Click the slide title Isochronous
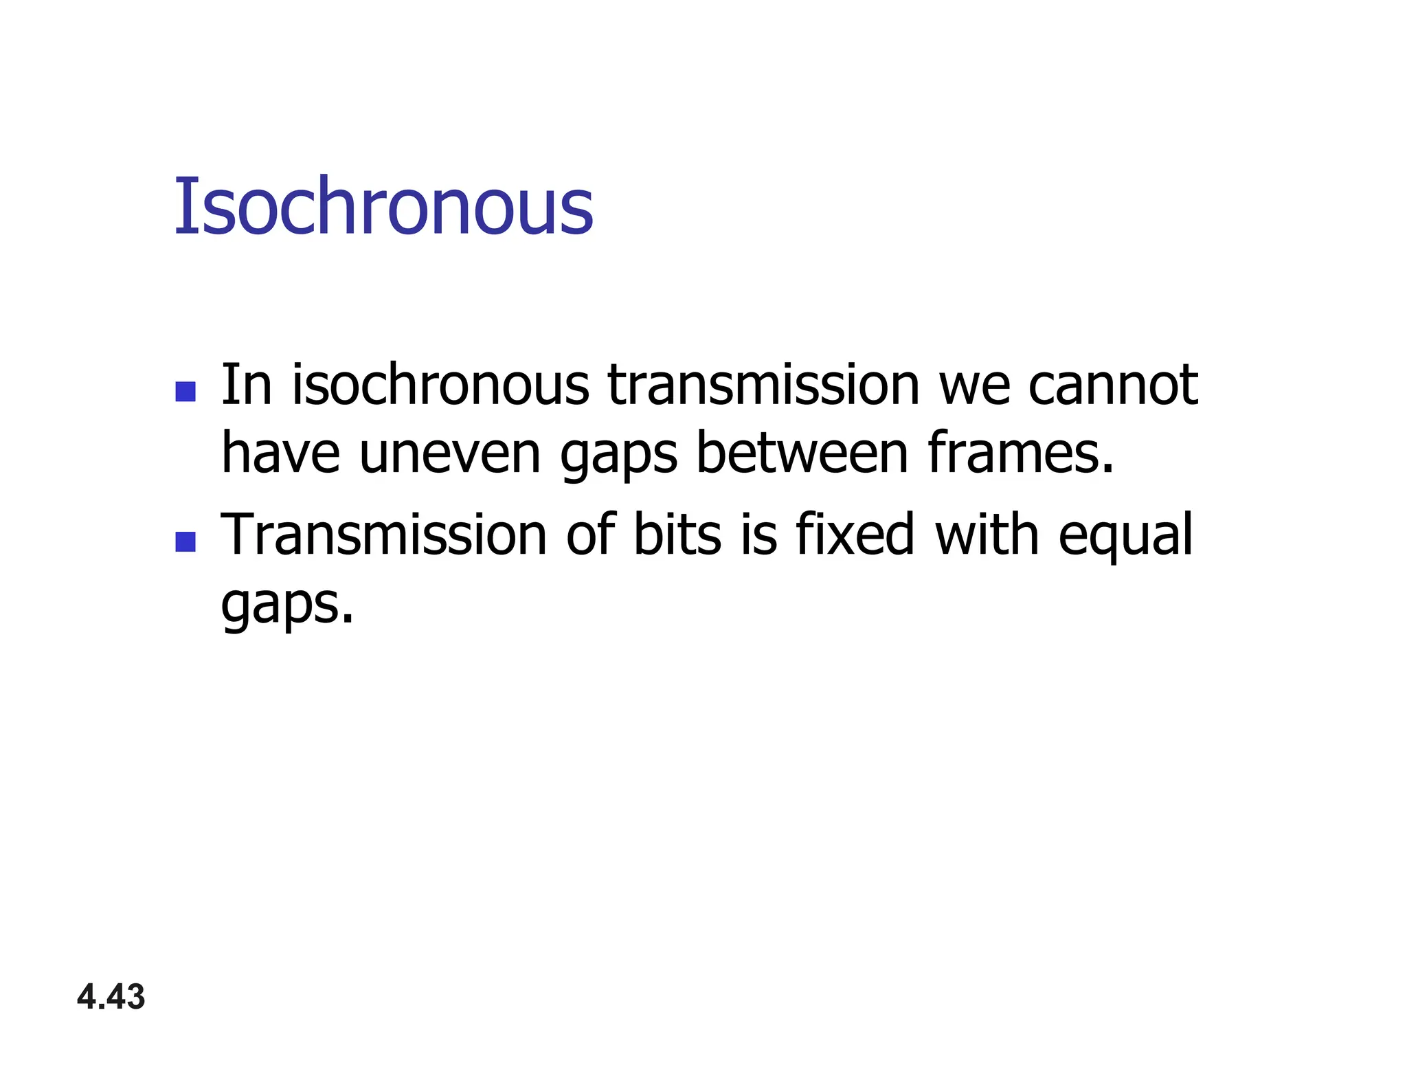pyautogui.click(x=383, y=206)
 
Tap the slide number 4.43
pyautogui.click(x=111, y=997)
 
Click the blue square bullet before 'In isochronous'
pyautogui.click(x=185, y=392)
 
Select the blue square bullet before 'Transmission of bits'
pyautogui.click(x=185, y=541)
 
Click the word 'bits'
pyautogui.click(x=677, y=535)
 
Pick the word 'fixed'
pyautogui.click(x=855, y=535)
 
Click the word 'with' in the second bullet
pyautogui.click(x=987, y=535)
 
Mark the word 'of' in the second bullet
pyautogui.click(x=590, y=535)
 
